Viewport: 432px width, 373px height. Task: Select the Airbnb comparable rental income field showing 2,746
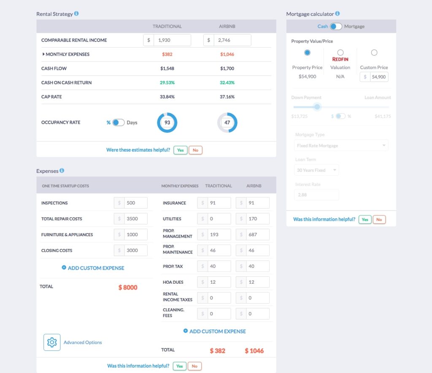coord(232,40)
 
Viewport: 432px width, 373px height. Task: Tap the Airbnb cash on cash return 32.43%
coord(227,83)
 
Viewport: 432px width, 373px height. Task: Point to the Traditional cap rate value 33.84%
coord(167,97)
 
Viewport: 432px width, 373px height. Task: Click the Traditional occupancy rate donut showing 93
coord(167,123)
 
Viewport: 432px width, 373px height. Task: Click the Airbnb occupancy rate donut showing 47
coord(227,123)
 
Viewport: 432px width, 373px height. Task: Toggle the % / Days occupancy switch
coord(119,123)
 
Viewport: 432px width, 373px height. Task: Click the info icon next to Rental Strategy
coord(76,13)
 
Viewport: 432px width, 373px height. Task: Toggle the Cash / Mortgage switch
coord(336,26)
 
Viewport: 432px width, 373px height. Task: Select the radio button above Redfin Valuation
coord(340,53)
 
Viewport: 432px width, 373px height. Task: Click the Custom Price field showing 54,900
coord(378,77)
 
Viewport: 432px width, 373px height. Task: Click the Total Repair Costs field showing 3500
coord(135,219)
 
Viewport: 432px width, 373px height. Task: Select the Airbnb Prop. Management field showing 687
coord(257,234)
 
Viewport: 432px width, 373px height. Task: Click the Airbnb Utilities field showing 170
coord(257,219)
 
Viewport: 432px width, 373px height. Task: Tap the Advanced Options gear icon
coord(52,342)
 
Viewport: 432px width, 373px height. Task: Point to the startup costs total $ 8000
coord(128,288)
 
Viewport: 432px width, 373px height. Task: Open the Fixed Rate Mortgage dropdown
coord(341,146)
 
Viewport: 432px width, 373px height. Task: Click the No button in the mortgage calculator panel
coord(379,219)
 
